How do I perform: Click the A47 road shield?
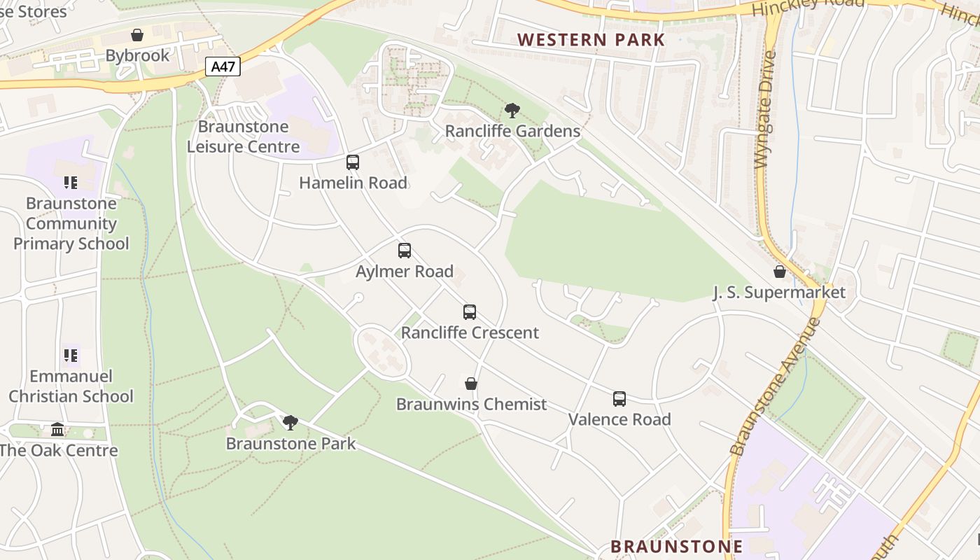point(223,66)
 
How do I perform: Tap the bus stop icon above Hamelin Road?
point(353,162)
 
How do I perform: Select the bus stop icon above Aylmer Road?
point(405,251)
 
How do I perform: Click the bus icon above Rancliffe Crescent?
point(470,312)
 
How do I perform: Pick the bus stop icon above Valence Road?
point(619,399)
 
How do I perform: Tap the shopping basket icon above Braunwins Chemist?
point(471,384)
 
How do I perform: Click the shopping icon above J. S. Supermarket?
point(779,272)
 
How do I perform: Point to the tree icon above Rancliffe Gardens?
point(512,111)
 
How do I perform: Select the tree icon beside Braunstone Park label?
point(290,422)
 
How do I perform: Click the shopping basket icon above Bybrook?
point(137,35)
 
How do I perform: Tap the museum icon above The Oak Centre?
point(57,429)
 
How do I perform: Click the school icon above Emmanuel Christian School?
point(70,356)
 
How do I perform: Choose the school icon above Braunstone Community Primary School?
point(70,183)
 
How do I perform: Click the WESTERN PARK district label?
point(591,40)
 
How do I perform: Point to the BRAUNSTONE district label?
point(677,546)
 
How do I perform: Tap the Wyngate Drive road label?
point(766,110)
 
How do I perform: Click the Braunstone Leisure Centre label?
point(244,136)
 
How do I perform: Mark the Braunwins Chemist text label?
point(471,405)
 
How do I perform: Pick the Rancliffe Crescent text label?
point(470,332)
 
